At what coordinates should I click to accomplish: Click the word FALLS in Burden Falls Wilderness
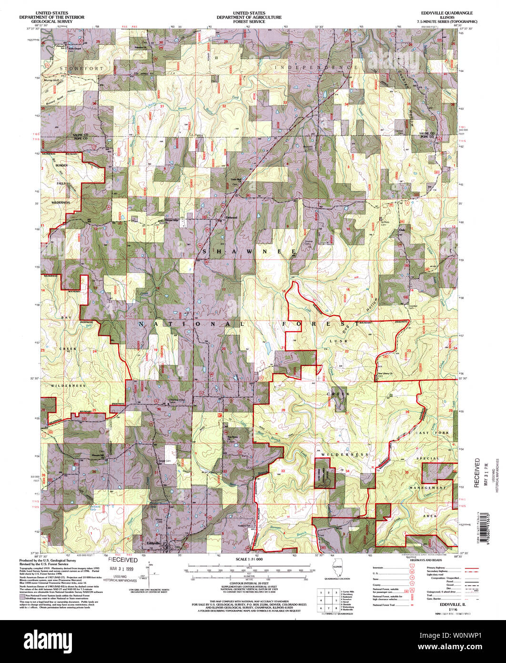(61, 183)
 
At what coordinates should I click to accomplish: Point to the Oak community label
(401, 232)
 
